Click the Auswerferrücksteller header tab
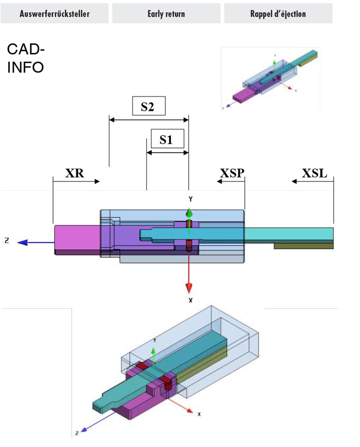point(54,14)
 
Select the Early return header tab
point(166,14)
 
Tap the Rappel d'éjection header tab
point(278,14)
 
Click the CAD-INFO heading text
point(26,58)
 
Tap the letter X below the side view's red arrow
point(190,300)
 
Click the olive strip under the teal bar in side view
point(303,246)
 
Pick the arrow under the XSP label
point(231,182)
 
